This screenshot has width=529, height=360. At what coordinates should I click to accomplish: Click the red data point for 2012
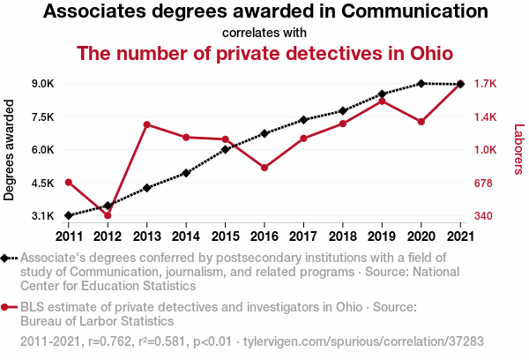(x=108, y=215)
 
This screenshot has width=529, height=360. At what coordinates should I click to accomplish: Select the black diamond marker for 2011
(x=69, y=215)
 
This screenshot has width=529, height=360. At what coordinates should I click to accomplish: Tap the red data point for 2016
(x=264, y=168)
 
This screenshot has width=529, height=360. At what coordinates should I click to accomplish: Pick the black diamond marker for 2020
(x=421, y=84)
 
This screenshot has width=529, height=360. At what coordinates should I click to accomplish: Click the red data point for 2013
(x=146, y=124)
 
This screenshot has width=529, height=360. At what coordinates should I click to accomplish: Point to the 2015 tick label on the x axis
(x=225, y=236)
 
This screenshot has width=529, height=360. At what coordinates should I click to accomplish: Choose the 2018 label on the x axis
(x=342, y=236)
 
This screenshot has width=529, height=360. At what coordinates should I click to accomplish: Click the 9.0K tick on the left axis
(x=43, y=84)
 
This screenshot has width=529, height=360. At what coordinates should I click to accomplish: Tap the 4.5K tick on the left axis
(x=43, y=183)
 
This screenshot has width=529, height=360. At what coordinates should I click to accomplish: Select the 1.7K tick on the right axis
(x=486, y=84)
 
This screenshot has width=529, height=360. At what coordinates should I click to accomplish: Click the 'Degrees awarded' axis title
(x=10, y=150)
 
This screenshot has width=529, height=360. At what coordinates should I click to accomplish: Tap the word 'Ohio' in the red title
(x=428, y=53)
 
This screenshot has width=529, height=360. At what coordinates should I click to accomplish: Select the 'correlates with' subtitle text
(x=264, y=34)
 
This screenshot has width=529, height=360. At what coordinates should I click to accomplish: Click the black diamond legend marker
(x=6, y=259)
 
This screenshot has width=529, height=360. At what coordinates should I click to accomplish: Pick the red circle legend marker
(x=6, y=307)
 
